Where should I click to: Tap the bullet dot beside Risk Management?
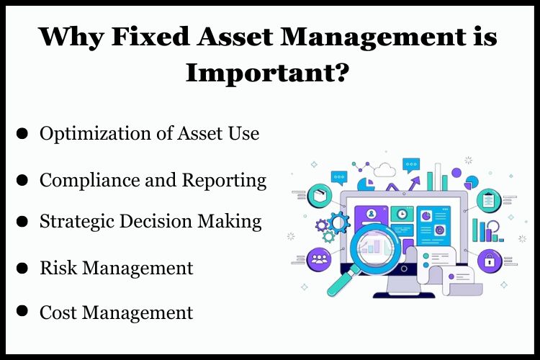pos(22,268)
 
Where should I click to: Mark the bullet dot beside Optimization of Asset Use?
pos(22,134)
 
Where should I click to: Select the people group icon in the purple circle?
pos(319,258)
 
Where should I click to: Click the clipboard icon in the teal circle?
pos(490,199)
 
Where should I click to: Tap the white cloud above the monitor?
pos(385,171)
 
